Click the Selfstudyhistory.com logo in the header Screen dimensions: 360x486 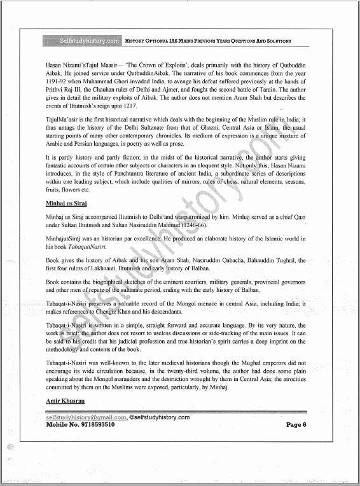pos(81,41)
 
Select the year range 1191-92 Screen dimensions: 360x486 pos(57,82)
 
